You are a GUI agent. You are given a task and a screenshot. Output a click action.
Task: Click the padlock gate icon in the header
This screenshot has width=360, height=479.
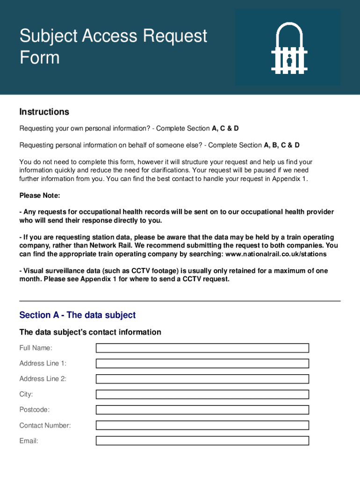(289, 48)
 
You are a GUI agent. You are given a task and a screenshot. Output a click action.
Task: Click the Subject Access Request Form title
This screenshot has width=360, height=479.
(113, 46)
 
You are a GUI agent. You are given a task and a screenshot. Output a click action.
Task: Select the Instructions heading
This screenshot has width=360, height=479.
(44, 112)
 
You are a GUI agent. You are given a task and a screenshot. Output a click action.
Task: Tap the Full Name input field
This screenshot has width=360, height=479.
(202, 348)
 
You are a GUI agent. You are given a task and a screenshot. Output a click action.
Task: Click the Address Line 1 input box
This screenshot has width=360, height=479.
(202, 363)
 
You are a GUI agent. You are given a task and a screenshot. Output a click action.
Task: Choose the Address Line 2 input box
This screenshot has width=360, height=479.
(202, 379)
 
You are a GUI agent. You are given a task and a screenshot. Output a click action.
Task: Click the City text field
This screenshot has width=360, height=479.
(202, 394)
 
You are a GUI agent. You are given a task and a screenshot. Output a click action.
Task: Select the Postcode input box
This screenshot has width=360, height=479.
(202, 410)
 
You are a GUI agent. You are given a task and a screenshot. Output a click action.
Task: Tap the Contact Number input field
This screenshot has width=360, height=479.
(202, 425)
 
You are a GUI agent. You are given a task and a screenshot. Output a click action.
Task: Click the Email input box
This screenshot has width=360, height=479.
(202, 441)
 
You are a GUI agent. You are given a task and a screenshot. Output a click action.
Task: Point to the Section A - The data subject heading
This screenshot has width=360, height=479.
(77, 315)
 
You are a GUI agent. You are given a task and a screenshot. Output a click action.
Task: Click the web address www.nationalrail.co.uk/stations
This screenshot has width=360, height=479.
(276, 254)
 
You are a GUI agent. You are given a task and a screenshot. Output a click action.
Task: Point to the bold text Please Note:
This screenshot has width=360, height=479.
(40, 195)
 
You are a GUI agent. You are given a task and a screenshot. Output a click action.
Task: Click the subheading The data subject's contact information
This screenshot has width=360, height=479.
(90, 332)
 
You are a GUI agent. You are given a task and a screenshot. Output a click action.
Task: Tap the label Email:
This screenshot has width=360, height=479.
(29, 441)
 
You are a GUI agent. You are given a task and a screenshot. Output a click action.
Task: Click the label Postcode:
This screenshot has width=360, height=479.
(34, 410)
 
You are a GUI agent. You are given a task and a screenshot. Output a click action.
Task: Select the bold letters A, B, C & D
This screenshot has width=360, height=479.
(282, 145)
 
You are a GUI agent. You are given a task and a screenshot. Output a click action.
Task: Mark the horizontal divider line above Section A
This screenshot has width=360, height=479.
(180, 301)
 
